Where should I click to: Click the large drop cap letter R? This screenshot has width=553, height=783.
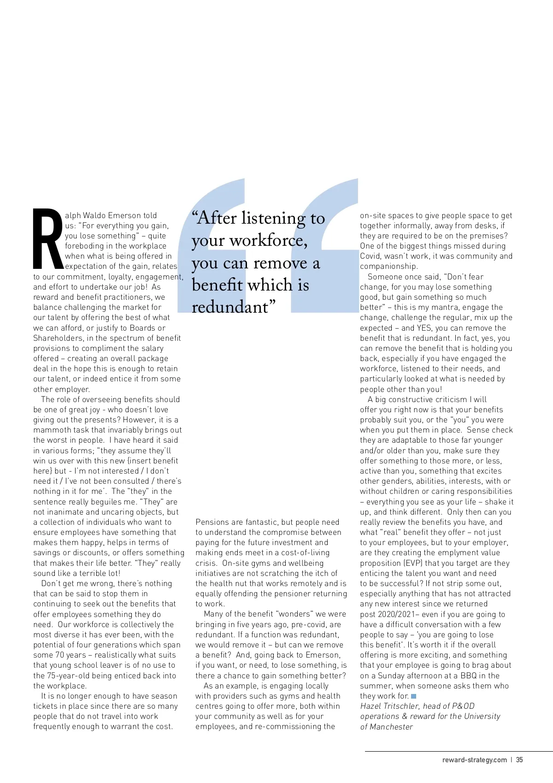(x=48, y=239)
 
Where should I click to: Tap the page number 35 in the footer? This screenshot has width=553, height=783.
(x=519, y=760)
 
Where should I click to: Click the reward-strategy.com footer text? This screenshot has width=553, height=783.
(x=474, y=760)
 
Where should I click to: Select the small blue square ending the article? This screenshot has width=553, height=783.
(x=414, y=696)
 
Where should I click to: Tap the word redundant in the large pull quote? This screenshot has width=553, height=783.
(x=230, y=307)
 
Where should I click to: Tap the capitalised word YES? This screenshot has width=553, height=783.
(x=424, y=328)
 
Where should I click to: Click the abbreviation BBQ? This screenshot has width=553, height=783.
(x=468, y=676)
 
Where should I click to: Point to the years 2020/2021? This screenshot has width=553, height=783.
(x=399, y=614)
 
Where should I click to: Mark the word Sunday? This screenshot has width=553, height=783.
(x=385, y=676)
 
